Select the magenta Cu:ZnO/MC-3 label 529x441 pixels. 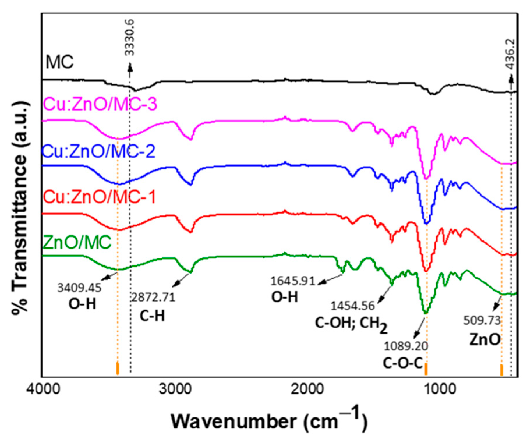(x=100, y=104)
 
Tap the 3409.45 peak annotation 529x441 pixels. (x=79, y=288)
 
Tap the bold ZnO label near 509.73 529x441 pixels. (x=485, y=339)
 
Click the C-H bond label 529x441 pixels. (x=152, y=315)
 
